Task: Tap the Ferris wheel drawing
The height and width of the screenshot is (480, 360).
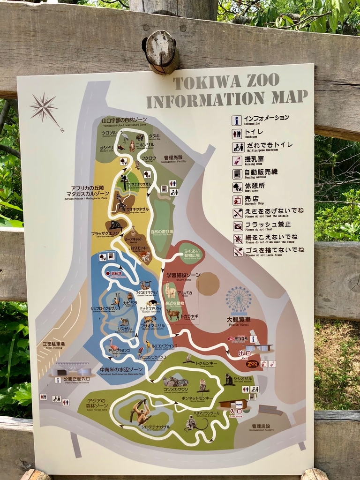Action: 238,301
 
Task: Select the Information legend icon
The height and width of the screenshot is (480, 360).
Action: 237,120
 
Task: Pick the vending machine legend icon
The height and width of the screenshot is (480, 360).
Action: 237,174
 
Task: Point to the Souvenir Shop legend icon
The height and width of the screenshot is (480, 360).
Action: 237,200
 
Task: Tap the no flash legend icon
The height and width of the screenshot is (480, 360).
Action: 238,226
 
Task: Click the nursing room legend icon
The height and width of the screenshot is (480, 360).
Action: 237,161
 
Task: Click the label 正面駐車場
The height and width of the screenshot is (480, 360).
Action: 53,344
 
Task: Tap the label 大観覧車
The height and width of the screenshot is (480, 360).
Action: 238,320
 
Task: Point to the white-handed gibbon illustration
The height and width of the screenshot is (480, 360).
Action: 140,412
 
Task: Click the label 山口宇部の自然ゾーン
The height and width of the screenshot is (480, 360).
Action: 124,120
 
